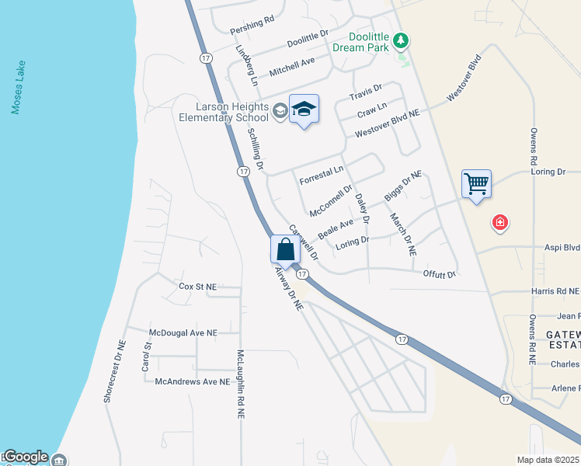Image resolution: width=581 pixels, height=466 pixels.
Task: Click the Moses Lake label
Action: [19, 88]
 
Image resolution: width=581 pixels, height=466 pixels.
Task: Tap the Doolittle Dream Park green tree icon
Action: [401, 39]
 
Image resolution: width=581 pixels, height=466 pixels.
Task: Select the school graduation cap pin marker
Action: [304, 110]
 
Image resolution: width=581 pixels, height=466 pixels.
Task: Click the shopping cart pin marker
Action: [476, 184]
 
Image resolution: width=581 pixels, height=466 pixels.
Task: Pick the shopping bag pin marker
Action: [285, 249]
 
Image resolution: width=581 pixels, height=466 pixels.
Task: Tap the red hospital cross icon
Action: [500, 224]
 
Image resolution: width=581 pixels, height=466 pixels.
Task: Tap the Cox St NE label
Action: [197, 287]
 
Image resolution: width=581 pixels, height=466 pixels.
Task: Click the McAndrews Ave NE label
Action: [193, 381]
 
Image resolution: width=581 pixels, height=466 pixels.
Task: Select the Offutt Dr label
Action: [439, 275]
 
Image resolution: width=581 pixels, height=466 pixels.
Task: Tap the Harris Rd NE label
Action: [555, 291]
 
